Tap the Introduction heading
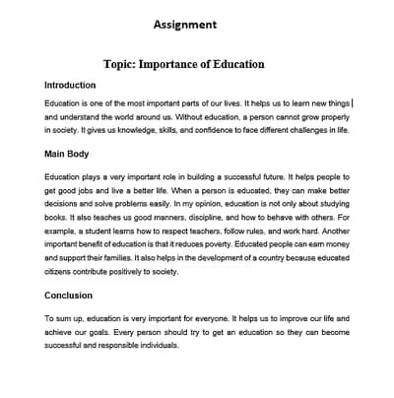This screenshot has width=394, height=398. point(70,86)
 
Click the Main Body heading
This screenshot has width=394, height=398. point(67,155)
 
